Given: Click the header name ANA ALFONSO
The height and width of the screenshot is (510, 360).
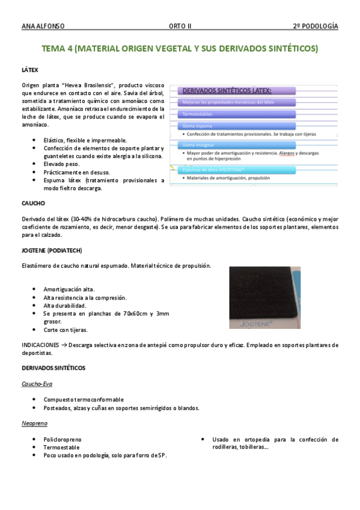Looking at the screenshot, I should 43,26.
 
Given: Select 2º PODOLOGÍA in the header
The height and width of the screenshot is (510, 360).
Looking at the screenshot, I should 315,26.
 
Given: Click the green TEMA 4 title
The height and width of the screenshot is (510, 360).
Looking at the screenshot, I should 180,48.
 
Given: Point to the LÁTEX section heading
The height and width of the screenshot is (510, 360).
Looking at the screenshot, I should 29,70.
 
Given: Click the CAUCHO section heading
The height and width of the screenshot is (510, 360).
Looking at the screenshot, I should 33,203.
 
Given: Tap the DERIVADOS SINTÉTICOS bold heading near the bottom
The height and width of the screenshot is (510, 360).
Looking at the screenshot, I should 53,367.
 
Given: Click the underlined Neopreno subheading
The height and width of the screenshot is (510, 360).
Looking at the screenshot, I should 34,424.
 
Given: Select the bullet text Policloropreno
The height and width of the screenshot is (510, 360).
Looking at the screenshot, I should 62,440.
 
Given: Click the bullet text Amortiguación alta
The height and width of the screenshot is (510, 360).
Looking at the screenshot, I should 69,289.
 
